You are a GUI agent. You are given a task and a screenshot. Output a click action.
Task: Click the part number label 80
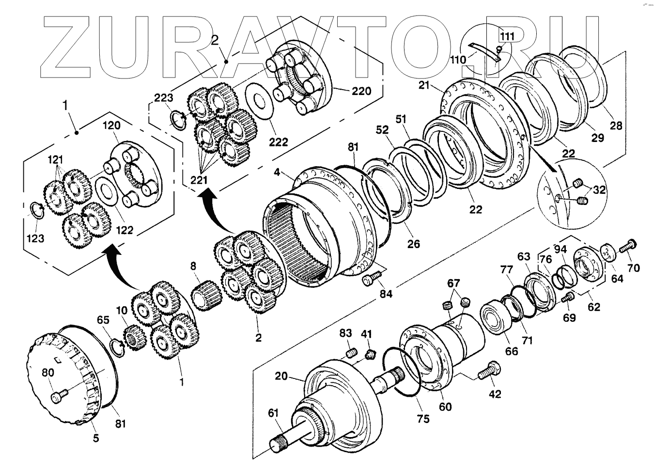click(x=47, y=373)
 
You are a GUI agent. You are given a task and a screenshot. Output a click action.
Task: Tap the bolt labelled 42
click(x=489, y=372)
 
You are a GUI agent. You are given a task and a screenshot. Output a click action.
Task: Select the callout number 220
click(x=361, y=91)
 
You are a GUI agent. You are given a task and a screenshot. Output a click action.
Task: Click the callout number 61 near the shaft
click(x=273, y=413)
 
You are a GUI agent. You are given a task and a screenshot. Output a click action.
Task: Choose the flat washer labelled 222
click(x=259, y=103)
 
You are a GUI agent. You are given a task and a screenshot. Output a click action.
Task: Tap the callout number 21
click(x=424, y=86)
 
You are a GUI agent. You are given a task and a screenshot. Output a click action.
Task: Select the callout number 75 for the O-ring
click(x=423, y=419)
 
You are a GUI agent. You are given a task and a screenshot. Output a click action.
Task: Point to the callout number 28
click(x=616, y=126)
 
